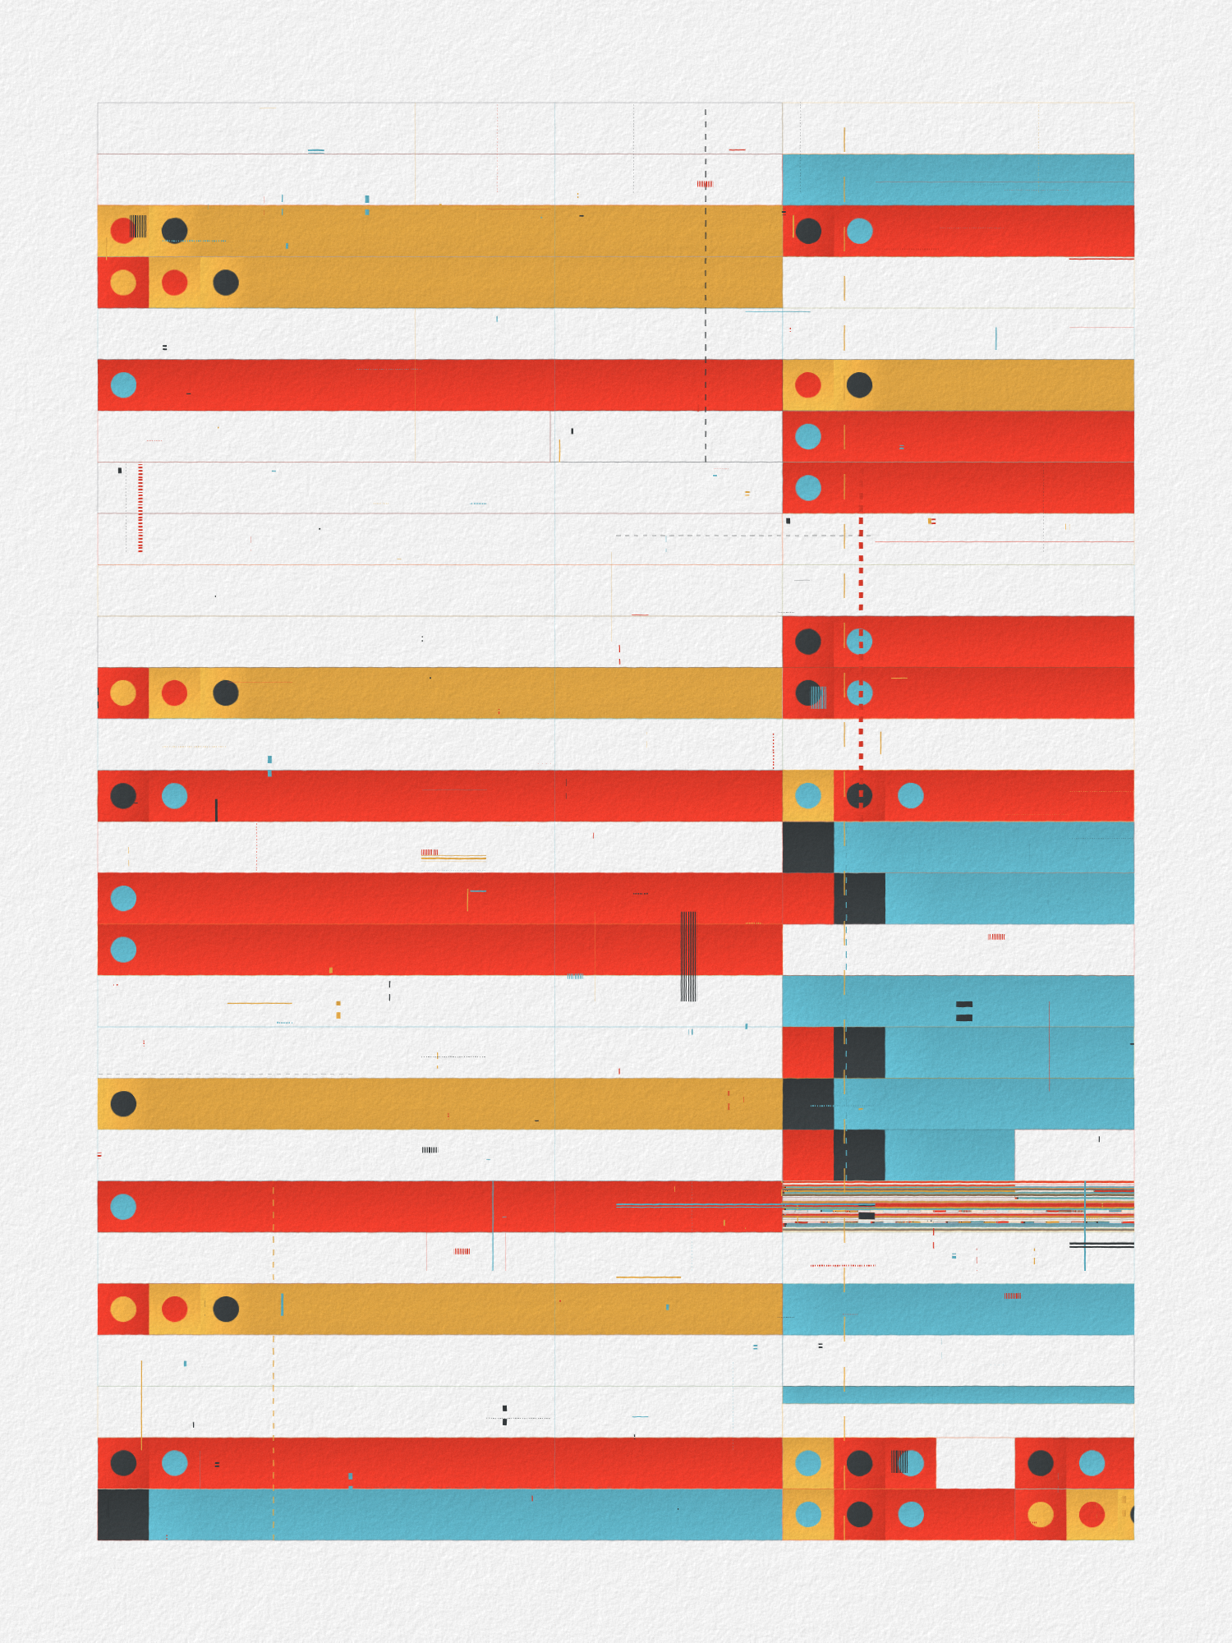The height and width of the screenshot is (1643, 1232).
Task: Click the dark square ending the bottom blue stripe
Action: click(x=123, y=1514)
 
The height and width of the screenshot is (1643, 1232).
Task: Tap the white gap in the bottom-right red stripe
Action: click(x=975, y=1462)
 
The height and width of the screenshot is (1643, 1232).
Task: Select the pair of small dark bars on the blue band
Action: click(x=964, y=1010)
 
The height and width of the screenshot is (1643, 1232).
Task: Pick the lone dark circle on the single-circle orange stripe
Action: click(x=123, y=1103)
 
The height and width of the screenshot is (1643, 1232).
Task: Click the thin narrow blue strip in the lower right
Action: click(x=958, y=1394)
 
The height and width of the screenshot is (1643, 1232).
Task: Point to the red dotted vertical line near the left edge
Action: click(x=140, y=508)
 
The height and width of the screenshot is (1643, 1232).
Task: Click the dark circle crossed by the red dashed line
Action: click(x=859, y=795)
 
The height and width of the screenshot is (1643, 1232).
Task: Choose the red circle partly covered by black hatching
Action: click(x=123, y=231)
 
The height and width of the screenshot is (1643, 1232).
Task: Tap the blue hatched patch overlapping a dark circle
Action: click(x=817, y=697)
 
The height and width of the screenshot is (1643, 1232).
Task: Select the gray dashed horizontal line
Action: click(x=739, y=536)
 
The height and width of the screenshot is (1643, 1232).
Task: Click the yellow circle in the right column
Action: click(x=1041, y=1514)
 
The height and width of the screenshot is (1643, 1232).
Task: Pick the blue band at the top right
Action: click(x=958, y=179)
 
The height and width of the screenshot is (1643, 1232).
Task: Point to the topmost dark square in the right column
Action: click(x=808, y=847)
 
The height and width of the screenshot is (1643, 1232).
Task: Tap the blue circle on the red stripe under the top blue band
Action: click(x=859, y=231)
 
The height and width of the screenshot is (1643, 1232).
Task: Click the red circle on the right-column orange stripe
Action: click(x=808, y=384)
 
